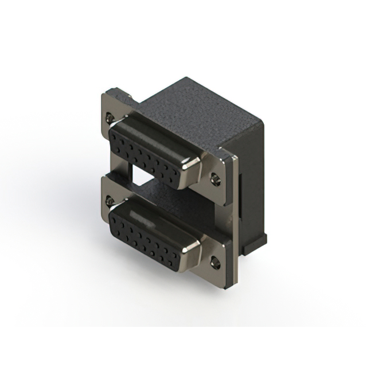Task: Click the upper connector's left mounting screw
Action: [x=109, y=118]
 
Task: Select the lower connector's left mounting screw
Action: [x=109, y=201]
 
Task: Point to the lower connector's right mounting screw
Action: [x=215, y=263]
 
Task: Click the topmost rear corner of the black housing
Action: [x=187, y=79]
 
